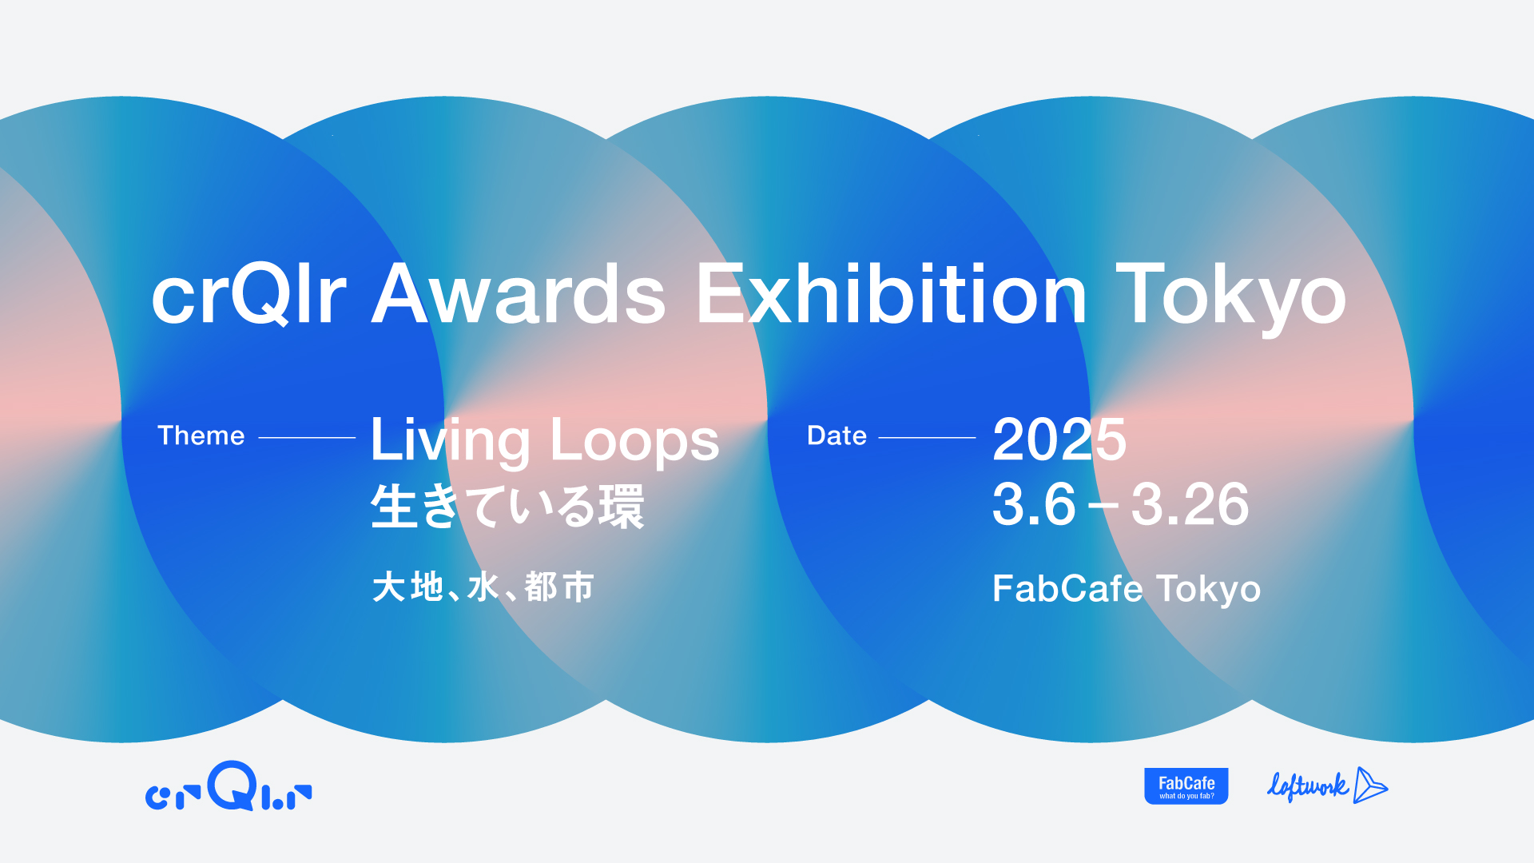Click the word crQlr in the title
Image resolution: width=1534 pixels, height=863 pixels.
coord(248,294)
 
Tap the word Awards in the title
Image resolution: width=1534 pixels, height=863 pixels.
coord(519,294)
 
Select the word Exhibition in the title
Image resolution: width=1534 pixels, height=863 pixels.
coord(891,294)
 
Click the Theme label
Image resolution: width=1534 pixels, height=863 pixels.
coord(201,435)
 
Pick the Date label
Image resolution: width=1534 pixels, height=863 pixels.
coord(837,435)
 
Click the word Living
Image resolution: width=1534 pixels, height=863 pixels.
coord(450,441)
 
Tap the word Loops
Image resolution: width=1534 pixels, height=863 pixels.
coord(635,441)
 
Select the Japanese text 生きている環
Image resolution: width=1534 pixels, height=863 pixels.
coord(507,507)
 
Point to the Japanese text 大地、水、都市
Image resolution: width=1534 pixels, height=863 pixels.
coord(483,587)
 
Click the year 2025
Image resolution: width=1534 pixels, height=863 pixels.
coord(1059,439)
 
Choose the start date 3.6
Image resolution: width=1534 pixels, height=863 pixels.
coord(1034,505)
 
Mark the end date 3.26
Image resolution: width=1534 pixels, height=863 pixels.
coord(1190,505)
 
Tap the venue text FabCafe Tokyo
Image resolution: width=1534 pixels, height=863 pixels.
coord(1127,589)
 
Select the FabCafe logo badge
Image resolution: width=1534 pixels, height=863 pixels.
coord(1186,786)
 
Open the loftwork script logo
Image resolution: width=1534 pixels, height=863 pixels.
coord(1327,786)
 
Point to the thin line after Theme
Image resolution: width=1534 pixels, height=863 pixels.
coord(307,438)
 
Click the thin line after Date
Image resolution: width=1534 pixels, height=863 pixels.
coord(927,438)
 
